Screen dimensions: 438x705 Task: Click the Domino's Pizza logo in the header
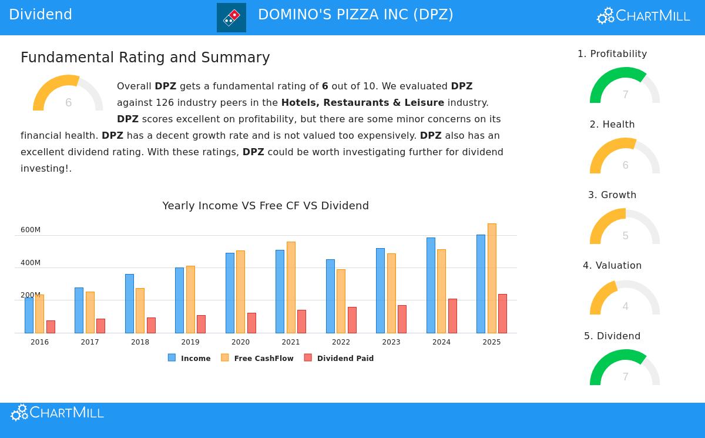click(x=231, y=18)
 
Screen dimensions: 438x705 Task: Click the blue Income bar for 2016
click(x=29, y=315)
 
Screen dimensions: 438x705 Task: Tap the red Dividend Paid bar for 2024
click(x=452, y=316)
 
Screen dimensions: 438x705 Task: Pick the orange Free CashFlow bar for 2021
click(x=291, y=287)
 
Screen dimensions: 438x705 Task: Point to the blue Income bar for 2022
click(x=330, y=296)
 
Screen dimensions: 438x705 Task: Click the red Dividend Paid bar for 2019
click(x=201, y=324)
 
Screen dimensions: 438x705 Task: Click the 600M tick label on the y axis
click(x=31, y=230)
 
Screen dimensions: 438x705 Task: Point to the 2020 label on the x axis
click(x=240, y=342)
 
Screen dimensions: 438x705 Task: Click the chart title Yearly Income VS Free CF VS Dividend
click(x=266, y=206)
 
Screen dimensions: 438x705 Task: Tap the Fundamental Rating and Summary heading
click(x=145, y=58)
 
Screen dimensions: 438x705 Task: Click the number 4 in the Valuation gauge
click(x=625, y=306)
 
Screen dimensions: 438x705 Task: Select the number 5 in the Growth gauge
click(x=625, y=236)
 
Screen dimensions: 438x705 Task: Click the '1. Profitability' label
click(x=612, y=54)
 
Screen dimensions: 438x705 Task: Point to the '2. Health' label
click(x=612, y=125)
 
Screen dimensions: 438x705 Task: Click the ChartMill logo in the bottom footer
click(x=57, y=413)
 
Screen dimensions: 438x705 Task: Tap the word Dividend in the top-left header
click(x=41, y=15)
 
